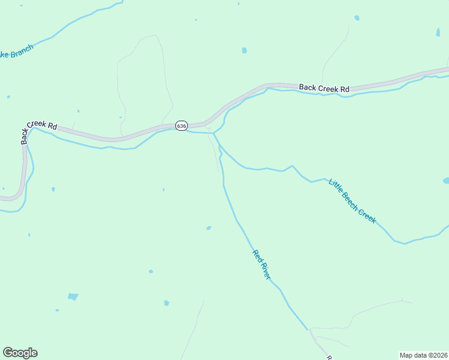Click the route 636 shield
(x=182, y=125)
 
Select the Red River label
(x=262, y=265)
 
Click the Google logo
(x=20, y=353)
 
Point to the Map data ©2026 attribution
(x=423, y=355)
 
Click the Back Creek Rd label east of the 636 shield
(x=324, y=88)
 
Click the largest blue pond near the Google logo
(x=73, y=296)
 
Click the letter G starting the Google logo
(x=8, y=352)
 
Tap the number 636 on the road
(x=182, y=125)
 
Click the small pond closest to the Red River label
(x=208, y=228)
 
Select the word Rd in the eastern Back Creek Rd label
(x=343, y=89)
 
